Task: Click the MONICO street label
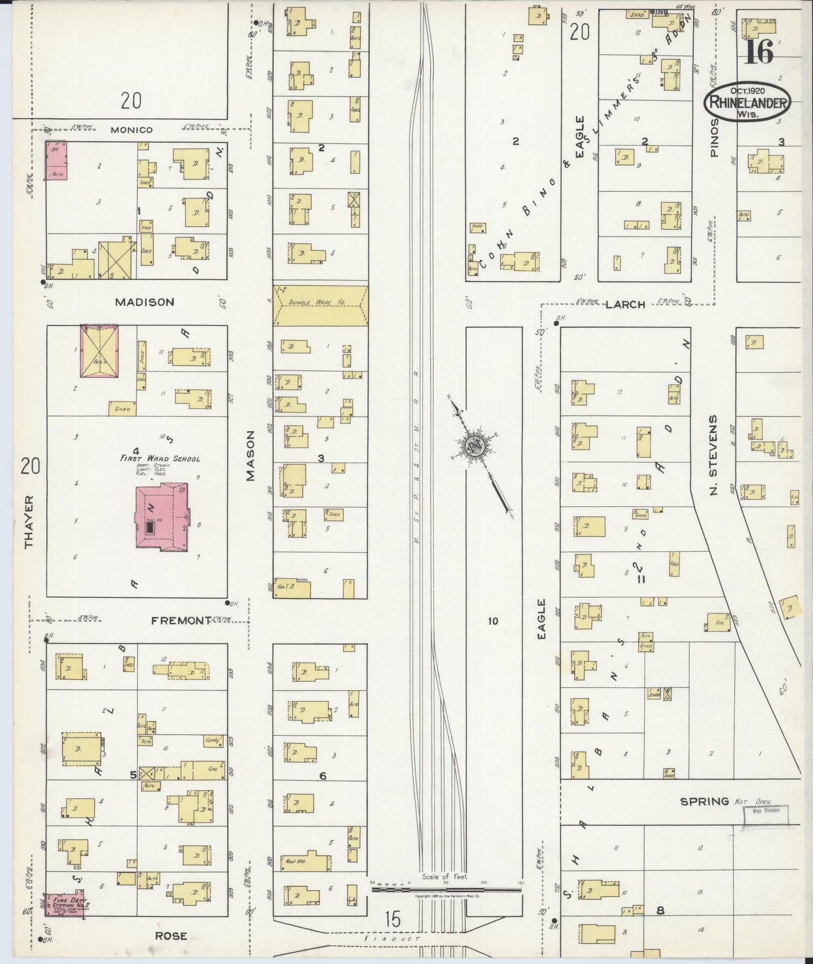(x=132, y=130)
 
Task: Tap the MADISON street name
(x=145, y=302)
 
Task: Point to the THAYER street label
(x=29, y=521)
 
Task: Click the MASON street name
(x=250, y=456)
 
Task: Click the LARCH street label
(x=625, y=304)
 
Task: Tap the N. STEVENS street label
(x=714, y=456)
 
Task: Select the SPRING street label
(x=704, y=801)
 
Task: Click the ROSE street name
(x=172, y=936)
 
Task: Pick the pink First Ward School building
(x=163, y=517)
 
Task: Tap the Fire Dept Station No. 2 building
(x=65, y=904)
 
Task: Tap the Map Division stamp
(x=766, y=815)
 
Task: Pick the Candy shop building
(x=213, y=741)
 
